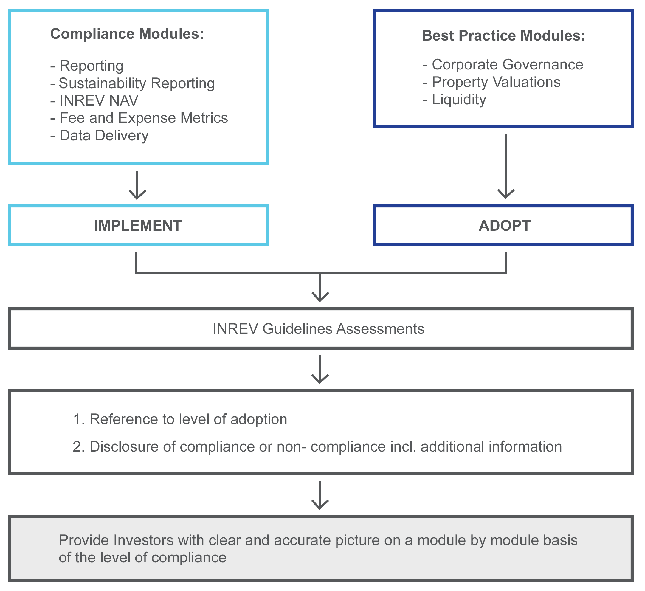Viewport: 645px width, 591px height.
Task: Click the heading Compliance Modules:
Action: tap(127, 34)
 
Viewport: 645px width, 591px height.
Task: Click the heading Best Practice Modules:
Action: tap(504, 35)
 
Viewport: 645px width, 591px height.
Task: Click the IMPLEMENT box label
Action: tap(138, 226)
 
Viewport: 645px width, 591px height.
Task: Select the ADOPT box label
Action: tap(505, 226)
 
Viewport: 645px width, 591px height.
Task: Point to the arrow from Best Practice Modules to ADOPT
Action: tap(506, 166)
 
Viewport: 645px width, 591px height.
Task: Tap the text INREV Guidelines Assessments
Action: tap(318, 329)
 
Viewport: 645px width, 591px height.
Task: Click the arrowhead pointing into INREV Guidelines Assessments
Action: tap(320, 296)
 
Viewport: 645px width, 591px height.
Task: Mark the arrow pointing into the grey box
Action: tap(320, 496)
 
